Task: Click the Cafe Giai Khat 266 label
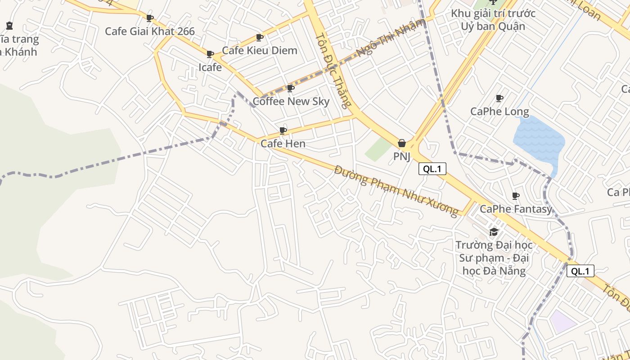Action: coord(150,31)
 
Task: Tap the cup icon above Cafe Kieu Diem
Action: coord(259,37)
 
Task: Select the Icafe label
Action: coord(210,67)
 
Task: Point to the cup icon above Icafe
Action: coord(210,54)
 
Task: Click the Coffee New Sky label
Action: coord(291,101)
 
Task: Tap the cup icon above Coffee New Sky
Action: coord(290,88)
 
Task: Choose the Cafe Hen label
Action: coord(283,144)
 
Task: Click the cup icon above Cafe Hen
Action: coord(283,130)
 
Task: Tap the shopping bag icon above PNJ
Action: coord(402,143)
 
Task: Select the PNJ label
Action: coord(402,156)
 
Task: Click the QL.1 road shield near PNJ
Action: coord(432,169)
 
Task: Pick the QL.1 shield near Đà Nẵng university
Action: coord(580,271)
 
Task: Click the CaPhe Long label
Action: coord(499,111)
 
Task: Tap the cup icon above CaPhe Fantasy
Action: coord(516,196)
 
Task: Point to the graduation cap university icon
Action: coord(494,232)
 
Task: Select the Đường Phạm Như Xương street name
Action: coord(396,190)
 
